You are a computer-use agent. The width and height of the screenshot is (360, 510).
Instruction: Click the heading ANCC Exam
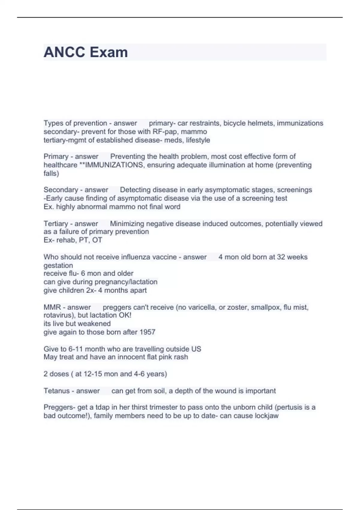point(85,52)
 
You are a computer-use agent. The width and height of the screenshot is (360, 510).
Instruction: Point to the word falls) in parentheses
point(51,173)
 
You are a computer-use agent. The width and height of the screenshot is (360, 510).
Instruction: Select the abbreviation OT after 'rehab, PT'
point(97,240)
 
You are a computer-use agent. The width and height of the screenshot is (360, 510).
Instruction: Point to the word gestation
point(58,265)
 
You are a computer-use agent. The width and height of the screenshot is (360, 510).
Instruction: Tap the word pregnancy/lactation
point(126,282)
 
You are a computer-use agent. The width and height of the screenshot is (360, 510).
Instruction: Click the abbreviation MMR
point(52,307)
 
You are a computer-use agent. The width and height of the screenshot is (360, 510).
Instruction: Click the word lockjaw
point(266,416)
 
